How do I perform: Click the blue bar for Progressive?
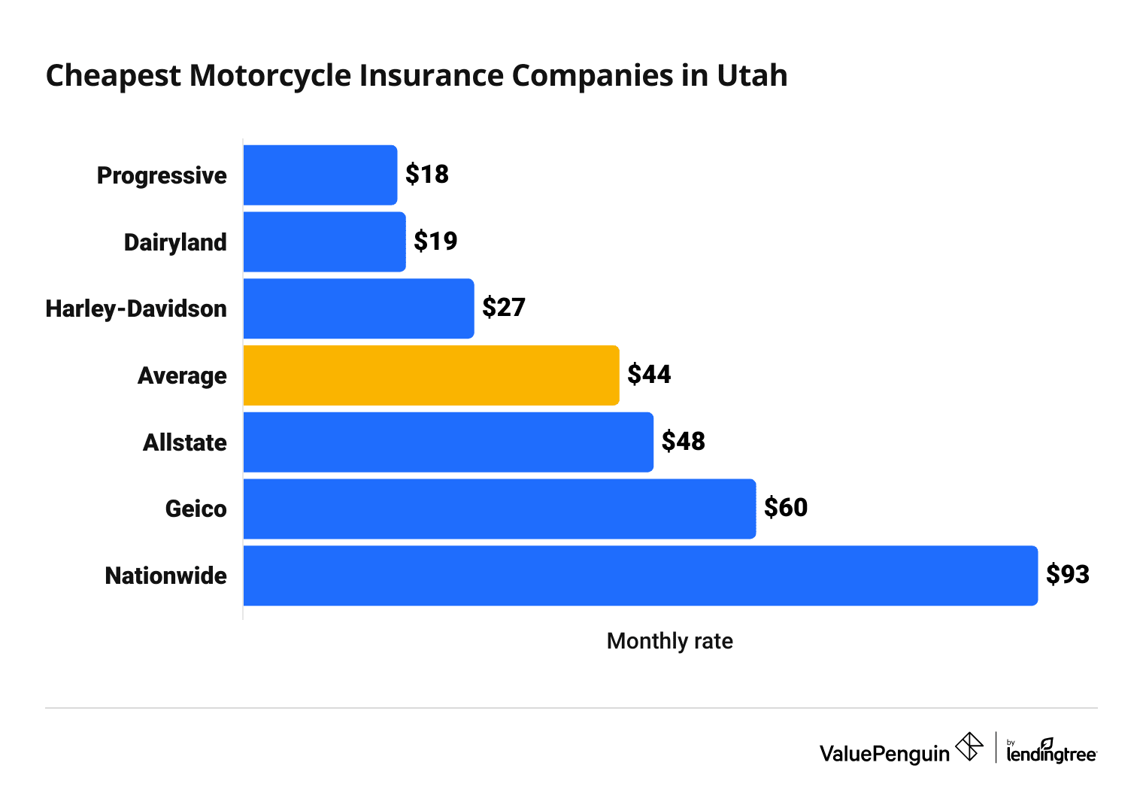[320, 175]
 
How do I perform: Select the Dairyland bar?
[324, 242]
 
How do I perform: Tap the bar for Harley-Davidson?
[359, 308]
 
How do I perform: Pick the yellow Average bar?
[431, 375]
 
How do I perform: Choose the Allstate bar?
[448, 442]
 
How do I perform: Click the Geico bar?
[499, 509]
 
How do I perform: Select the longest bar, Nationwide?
[640, 576]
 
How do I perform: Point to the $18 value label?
[426, 175]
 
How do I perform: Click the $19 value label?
[435, 242]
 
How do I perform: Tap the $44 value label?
[649, 375]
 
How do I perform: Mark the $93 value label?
[1068, 575]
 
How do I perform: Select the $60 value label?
[786, 508]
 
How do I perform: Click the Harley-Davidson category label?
[136, 309]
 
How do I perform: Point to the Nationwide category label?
[165, 576]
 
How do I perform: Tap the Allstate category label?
[184, 443]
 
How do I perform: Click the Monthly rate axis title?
[669, 641]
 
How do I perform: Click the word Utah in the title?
[751, 76]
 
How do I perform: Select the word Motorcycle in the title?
[271, 76]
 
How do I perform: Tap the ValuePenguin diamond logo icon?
[969, 747]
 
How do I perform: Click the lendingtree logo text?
[1051, 752]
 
